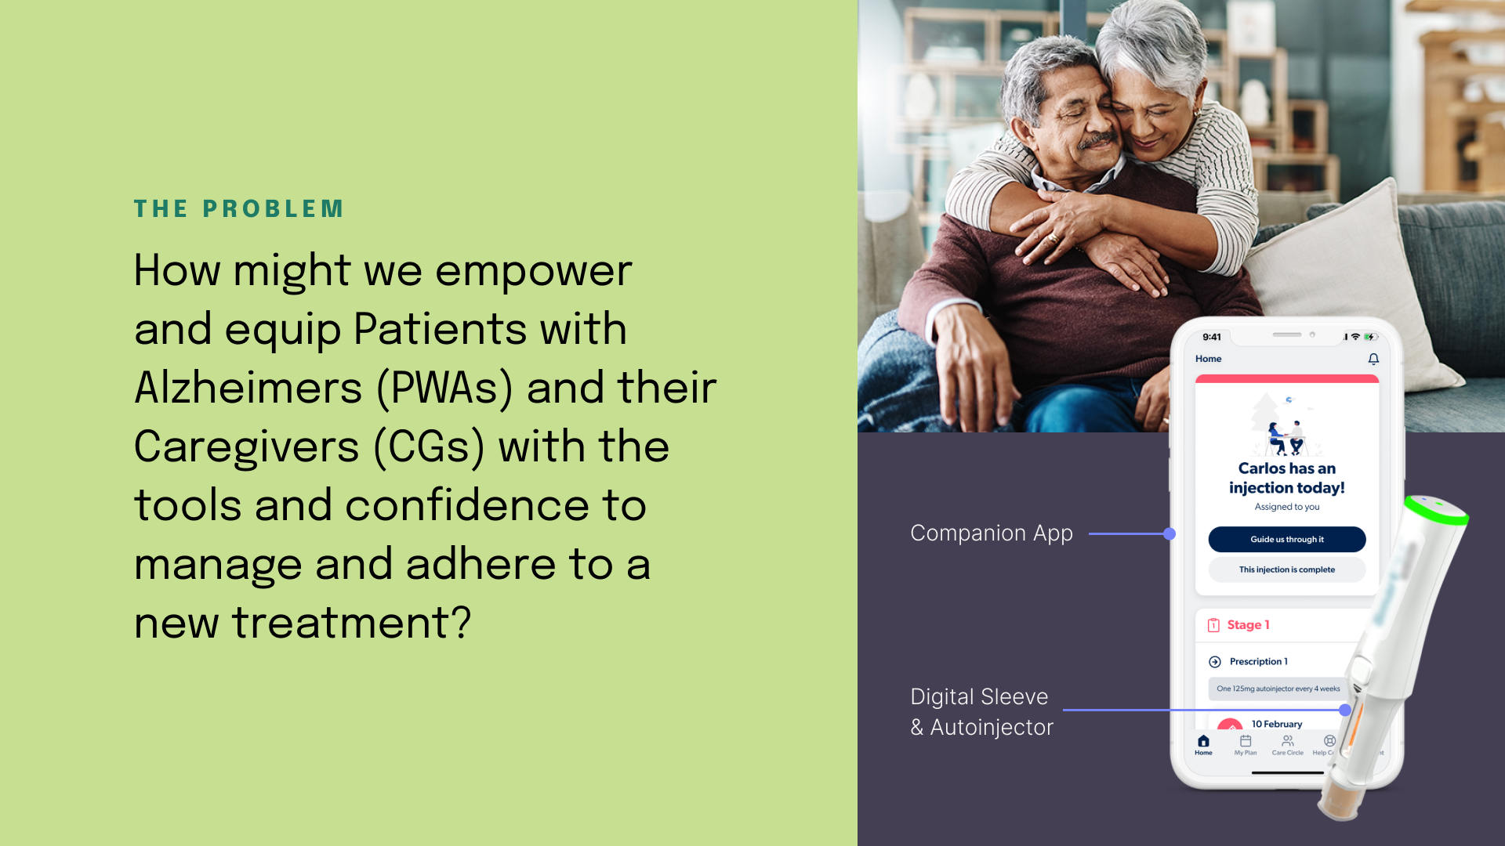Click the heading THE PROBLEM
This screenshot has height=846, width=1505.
click(238, 209)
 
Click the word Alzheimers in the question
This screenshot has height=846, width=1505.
click(248, 388)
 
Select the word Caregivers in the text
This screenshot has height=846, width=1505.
click(246, 446)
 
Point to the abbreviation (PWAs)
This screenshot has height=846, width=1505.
click(444, 388)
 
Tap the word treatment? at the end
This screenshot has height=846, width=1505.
click(351, 624)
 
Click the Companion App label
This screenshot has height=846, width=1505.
click(991, 533)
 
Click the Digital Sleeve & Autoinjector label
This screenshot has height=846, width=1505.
click(981, 712)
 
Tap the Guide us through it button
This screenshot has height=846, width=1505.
click(1286, 540)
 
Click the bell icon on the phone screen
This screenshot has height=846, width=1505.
click(1373, 359)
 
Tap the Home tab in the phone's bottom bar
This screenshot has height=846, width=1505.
click(1203, 744)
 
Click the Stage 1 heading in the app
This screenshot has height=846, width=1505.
click(1247, 625)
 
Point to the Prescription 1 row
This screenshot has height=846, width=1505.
click(1258, 662)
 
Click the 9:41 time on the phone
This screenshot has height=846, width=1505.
click(1212, 337)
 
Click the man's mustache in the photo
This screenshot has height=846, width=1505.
click(1097, 142)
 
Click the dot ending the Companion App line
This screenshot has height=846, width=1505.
click(1170, 534)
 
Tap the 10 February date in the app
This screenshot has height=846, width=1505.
click(1276, 724)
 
